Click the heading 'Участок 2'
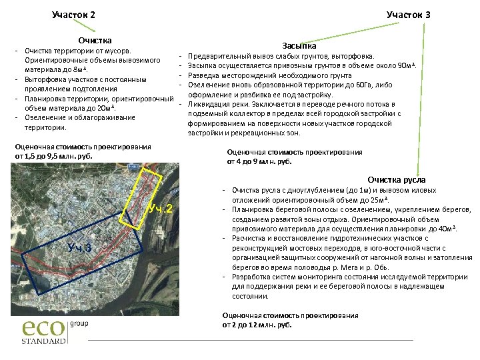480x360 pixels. tap(73, 15)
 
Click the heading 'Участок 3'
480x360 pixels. tap(408, 15)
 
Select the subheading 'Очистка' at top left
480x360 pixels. tap(94, 41)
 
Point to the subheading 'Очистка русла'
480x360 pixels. tap(396, 180)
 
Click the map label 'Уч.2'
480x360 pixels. tap(161, 209)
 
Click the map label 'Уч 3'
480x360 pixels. tap(79, 248)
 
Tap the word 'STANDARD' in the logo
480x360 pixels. tap(44, 341)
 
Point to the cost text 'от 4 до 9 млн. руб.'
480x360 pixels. tap(260, 161)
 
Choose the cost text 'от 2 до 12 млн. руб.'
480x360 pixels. tap(257, 325)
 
